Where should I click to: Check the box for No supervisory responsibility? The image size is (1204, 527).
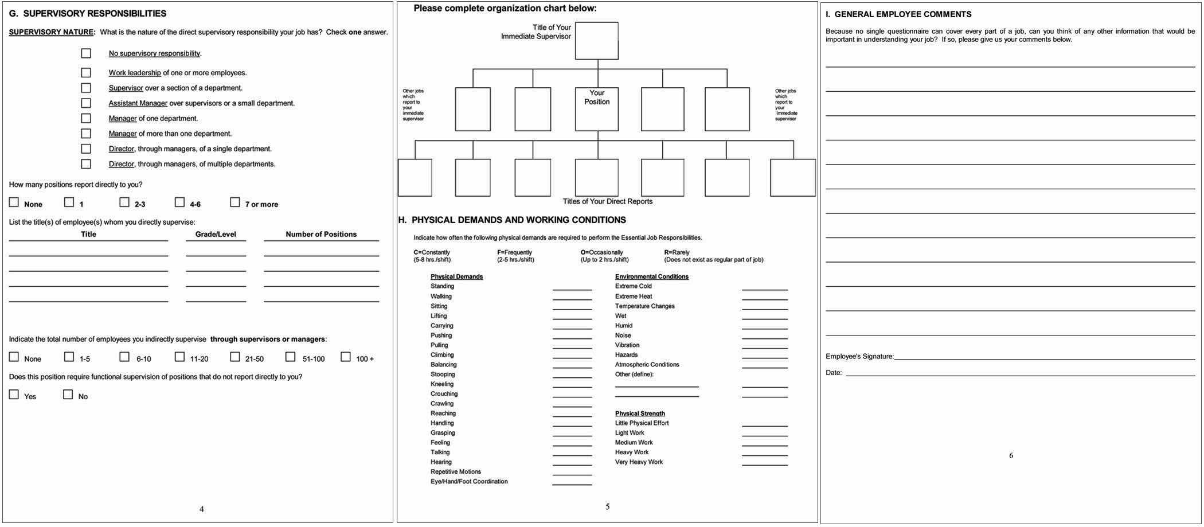point(86,53)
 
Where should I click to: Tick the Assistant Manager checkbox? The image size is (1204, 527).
point(86,103)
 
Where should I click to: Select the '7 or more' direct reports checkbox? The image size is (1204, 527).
point(235,202)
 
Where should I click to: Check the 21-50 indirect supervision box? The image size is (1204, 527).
point(235,357)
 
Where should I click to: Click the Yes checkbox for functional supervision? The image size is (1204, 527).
point(14,395)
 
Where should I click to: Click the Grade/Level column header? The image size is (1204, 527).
point(216,235)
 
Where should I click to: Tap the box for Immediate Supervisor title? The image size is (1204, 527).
point(597,41)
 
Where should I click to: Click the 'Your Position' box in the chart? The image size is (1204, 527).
point(597,109)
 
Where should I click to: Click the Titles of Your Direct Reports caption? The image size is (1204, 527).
point(608,202)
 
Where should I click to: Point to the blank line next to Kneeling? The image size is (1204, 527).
point(572,387)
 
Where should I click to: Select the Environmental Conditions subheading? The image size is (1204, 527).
point(652,277)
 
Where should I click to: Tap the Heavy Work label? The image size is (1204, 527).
point(632,452)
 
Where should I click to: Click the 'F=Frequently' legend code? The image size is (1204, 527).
point(515,253)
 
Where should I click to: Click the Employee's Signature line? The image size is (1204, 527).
point(1043,358)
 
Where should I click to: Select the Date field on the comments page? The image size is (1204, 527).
point(1021,374)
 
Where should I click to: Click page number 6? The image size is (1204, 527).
point(1011,456)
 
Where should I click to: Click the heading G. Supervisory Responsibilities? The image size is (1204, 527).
point(88,14)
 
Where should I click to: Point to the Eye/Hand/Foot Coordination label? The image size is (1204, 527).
point(469,482)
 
